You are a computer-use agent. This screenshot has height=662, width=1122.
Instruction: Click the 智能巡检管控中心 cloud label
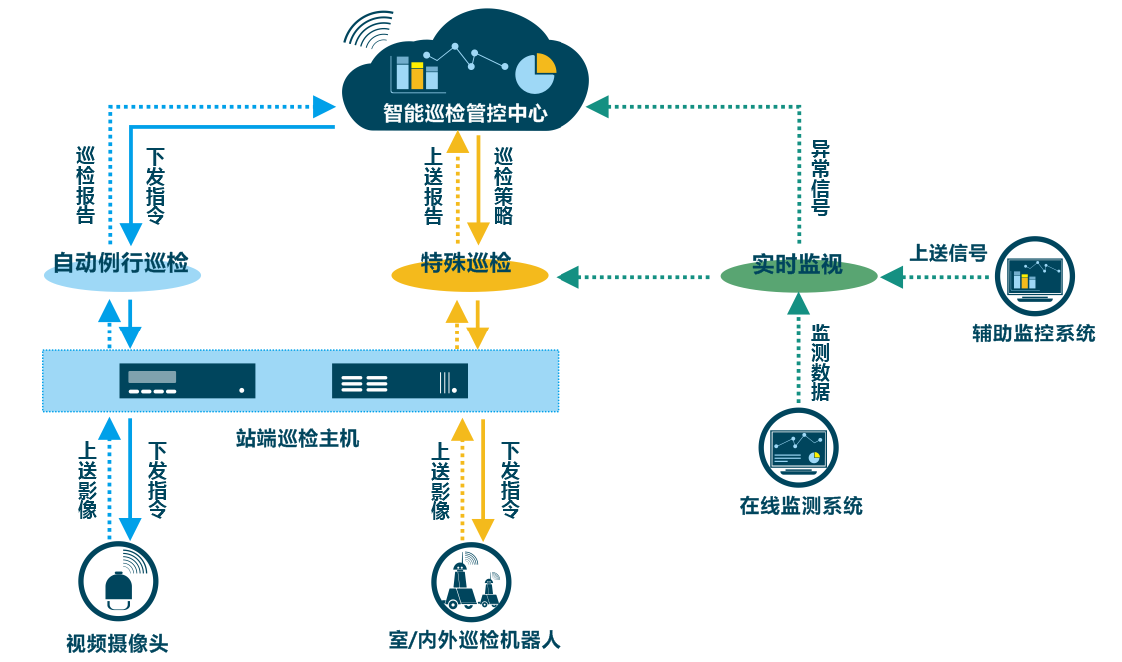465,113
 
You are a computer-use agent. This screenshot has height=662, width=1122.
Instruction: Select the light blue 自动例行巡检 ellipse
122,268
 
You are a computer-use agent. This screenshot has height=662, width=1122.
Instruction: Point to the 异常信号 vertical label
820,178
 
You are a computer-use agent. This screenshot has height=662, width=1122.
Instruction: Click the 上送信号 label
947,253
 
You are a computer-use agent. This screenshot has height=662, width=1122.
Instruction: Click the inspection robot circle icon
470,582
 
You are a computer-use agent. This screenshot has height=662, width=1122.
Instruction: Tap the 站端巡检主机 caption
297,437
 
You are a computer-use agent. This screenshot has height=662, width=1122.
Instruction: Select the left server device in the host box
187,381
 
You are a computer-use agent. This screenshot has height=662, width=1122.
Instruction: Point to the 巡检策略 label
503,185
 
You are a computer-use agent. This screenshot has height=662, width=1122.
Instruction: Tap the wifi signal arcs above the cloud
367,30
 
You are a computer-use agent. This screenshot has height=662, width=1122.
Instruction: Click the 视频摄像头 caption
117,643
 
